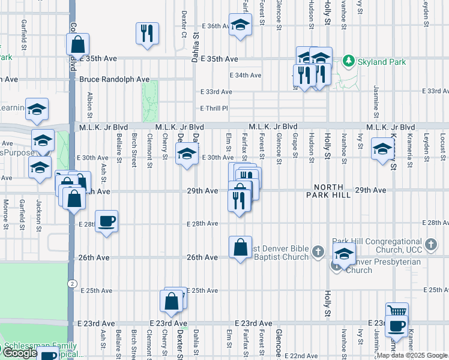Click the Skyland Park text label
(x=381, y=62)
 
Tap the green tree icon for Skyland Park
(x=348, y=61)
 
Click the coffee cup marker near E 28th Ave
(x=106, y=222)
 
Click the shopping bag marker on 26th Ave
(x=240, y=247)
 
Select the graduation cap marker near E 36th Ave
(x=240, y=26)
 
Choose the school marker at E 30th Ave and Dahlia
(x=187, y=155)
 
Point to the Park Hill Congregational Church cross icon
(x=430, y=244)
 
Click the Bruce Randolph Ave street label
(x=114, y=79)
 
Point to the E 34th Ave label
(x=246, y=75)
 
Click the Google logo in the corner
(x=20, y=353)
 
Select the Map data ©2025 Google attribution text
(x=411, y=355)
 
